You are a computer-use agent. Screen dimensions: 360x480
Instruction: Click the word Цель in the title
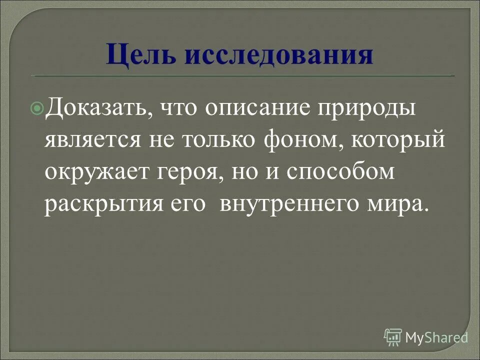pos(141,55)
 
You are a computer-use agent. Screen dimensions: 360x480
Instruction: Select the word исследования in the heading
pos(278,55)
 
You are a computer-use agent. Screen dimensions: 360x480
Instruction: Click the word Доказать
pos(96,108)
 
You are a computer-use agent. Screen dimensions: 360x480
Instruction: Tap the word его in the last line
pos(186,205)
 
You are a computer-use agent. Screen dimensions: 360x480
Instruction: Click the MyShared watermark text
pos(436,337)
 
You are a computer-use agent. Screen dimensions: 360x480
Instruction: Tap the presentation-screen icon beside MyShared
pos(393,337)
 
